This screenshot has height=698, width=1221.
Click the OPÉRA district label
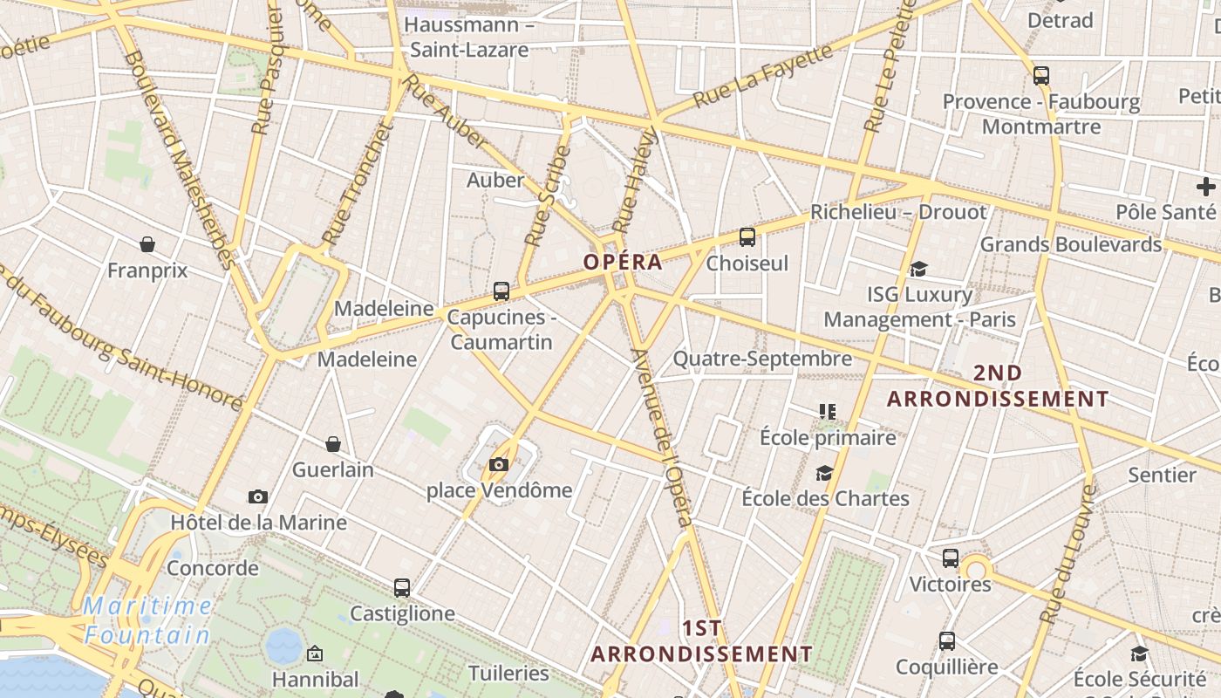(623, 262)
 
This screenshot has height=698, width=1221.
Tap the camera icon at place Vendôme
(499, 465)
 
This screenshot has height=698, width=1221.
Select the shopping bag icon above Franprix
(147, 244)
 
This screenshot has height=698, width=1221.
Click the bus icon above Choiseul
(747, 236)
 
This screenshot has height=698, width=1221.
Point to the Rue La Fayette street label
(763, 78)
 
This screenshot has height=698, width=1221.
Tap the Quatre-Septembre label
(762, 359)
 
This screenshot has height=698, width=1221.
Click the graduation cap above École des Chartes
(824, 473)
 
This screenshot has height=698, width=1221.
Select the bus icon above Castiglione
(402, 588)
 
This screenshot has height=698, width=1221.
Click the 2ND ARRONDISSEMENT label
(998, 386)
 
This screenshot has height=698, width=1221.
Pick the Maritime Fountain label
(148, 619)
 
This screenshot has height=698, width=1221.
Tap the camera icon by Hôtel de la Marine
(258, 496)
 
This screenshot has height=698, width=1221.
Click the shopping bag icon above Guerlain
(333, 444)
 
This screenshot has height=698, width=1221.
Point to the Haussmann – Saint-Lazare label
(469, 37)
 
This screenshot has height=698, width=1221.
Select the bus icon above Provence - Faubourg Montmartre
(1041, 76)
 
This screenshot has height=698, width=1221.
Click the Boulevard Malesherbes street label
(180, 157)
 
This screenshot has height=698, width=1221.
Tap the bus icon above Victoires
(951, 558)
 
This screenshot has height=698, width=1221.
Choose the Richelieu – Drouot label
(898, 212)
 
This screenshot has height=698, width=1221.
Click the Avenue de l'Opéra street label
(664, 436)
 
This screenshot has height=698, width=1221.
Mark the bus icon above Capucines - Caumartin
(501, 291)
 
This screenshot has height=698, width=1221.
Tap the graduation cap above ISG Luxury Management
(918, 269)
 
